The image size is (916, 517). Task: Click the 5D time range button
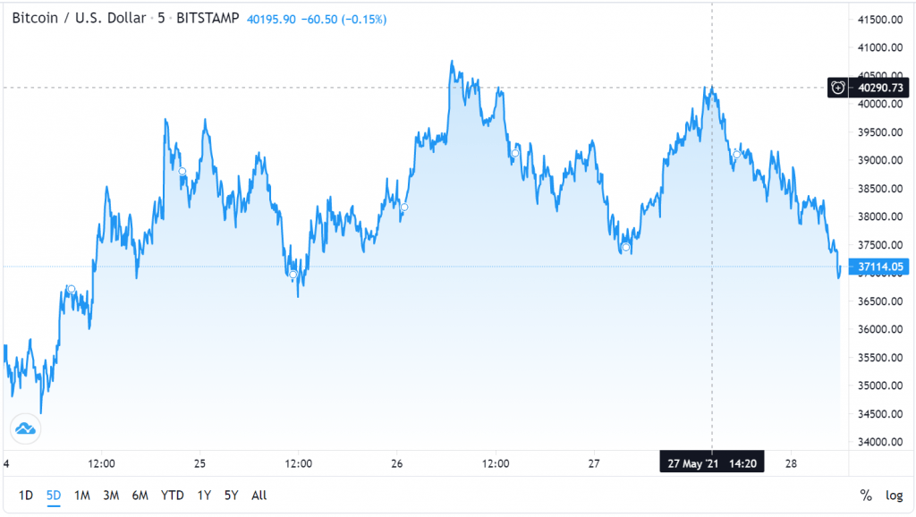[54, 495]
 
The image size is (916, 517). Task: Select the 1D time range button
[26, 495]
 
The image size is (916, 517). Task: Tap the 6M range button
[139, 495]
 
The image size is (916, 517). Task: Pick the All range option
[259, 495]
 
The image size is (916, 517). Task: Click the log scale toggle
[894, 495]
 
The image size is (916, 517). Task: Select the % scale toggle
[865, 495]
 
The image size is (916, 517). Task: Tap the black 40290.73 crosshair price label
[882, 88]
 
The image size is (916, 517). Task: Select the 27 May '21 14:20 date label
[712, 463]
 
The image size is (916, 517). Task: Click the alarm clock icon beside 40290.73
[838, 88]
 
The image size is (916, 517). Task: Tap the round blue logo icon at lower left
[26, 428]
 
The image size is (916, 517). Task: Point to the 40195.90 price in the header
[272, 17]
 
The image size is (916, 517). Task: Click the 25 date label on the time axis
[199, 463]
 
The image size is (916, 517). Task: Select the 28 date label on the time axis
[792, 463]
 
